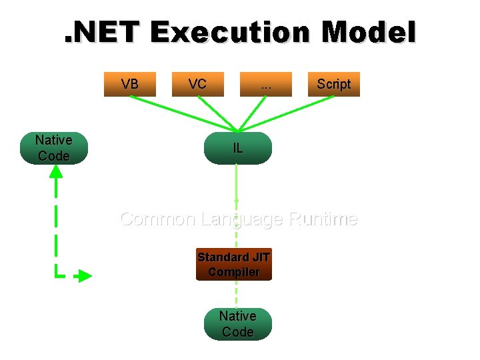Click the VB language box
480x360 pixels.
130,84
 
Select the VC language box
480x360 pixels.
197,84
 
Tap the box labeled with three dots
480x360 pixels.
266,84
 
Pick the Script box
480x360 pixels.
333,84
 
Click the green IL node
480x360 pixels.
238,148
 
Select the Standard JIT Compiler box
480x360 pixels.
234,265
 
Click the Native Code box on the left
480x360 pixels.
54,148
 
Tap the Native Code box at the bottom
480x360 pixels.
238,323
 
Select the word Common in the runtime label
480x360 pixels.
157,219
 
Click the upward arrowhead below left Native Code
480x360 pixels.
56,171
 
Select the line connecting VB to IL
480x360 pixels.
183,113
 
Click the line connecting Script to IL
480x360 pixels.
287,113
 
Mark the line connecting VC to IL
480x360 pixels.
217,113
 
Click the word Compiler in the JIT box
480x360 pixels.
234,272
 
